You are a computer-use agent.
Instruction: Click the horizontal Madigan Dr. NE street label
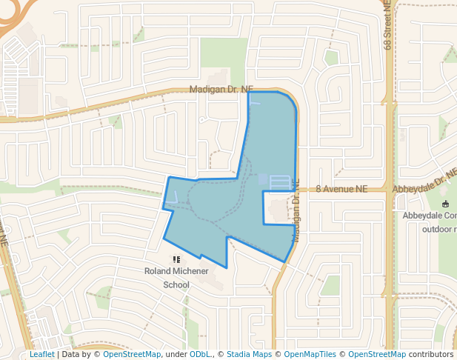(x=221, y=89)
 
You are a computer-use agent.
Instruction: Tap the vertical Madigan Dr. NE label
(x=296, y=210)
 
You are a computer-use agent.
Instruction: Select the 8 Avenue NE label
(x=341, y=190)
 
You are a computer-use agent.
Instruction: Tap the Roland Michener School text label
(x=176, y=278)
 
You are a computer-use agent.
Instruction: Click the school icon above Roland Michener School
(x=176, y=259)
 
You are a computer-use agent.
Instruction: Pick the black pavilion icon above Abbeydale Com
(x=444, y=204)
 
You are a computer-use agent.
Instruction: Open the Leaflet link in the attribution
(x=42, y=354)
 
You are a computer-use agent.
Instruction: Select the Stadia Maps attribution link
(x=249, y=354)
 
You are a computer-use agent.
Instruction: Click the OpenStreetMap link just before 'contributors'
(x=378, y=354)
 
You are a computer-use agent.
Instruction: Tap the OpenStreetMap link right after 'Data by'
(x=132, y=354)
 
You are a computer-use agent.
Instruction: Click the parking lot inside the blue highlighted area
(x=280, y=181)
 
